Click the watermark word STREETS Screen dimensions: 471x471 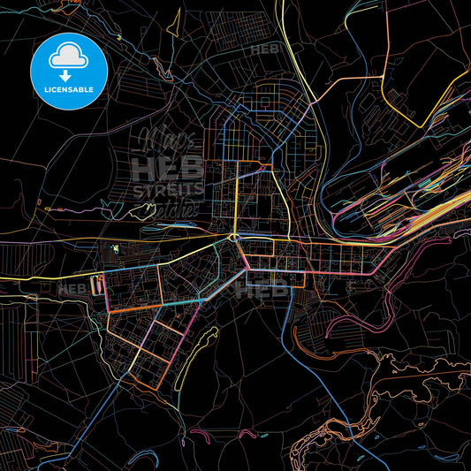coord(167,189)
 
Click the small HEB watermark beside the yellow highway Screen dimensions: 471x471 coord(264,49)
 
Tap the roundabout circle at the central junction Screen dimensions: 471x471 coord(234,237)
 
